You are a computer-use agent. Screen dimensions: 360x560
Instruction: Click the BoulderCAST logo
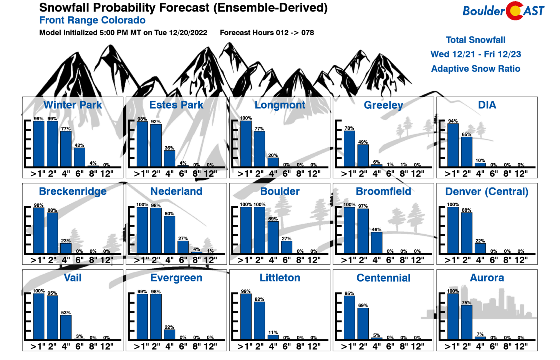503,11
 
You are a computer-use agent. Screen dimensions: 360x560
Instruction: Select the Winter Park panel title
73,105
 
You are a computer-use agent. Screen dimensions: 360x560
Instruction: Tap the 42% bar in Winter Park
80,157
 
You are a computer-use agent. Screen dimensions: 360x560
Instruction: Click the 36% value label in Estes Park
169,148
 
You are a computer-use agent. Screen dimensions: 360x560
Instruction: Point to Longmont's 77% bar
259,149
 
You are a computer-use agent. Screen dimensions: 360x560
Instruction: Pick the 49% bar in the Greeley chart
363,156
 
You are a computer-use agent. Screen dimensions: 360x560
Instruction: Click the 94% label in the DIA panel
453,121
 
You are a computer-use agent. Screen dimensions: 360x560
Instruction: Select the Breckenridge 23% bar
66,248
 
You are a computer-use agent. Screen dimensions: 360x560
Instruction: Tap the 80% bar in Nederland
169,234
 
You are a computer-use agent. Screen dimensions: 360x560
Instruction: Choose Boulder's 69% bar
273,237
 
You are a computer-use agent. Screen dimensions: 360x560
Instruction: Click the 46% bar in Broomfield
377,242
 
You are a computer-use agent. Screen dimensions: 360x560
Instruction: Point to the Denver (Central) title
487,191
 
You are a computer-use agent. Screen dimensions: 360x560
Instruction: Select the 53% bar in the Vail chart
66,327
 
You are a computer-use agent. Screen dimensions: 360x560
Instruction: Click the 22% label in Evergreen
169,327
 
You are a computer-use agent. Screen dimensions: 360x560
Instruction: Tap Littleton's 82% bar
259,320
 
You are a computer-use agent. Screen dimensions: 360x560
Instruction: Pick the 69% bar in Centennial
363,324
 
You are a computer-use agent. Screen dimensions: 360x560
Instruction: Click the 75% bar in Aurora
467,322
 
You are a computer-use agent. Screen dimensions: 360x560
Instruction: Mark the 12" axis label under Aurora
521,347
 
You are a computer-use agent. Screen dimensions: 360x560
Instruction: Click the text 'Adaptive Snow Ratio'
476,69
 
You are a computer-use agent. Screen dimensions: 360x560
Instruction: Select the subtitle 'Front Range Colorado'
92,20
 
